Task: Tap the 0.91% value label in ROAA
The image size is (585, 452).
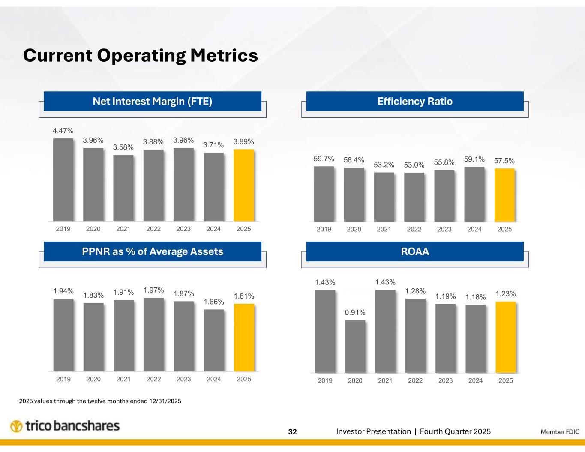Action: (355, 313)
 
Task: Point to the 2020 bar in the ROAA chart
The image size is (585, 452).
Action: (355, 347)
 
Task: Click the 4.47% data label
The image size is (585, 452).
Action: (63, 130)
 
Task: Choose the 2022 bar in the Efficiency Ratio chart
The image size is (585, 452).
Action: (414, 197)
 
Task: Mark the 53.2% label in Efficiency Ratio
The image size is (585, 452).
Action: (384, 165)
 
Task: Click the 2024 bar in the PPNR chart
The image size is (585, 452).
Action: (214, 340)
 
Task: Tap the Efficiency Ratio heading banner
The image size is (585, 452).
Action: (414, 101)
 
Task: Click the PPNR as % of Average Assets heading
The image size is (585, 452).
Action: (153, 251)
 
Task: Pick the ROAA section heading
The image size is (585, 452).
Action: (414, 251)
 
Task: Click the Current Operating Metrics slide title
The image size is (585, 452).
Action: (141, 55)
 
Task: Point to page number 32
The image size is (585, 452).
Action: (292, 432)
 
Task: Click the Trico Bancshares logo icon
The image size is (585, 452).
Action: (16, 427)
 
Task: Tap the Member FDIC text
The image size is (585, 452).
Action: (560, 432)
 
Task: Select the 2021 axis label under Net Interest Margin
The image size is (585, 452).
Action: (123, 229)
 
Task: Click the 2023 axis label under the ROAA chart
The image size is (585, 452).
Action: (445, 380)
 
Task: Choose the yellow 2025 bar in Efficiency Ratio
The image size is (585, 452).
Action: (504, 195)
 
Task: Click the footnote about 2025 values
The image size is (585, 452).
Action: (100, 401)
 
